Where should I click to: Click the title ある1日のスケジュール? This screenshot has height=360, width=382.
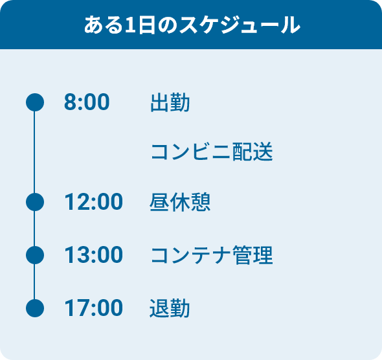[x=192, y=25]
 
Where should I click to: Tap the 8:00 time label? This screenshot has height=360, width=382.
[x=87, y=102]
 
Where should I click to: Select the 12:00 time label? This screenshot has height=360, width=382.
[x=93, y=201]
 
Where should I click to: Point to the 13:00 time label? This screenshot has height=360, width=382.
[x=93, y=254]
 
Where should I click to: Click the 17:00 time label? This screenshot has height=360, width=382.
[x=93, y=308]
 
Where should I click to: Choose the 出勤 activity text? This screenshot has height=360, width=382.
[x=170, y=102]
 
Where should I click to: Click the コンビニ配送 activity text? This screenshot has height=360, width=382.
[x=212, y=152]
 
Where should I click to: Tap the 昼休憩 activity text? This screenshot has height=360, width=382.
[x=180, y=202]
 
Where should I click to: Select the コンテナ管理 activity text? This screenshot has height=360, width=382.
[x=212, y=255]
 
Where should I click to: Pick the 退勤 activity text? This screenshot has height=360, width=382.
[x=170, y=308]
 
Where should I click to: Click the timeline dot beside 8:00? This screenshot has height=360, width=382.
[x=35, y=102]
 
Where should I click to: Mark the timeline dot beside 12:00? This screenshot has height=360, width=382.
[x=35, y=202]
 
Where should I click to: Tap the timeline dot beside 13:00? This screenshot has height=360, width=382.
[x=35, y=255]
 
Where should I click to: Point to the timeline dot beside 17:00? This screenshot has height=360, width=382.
[x=35, y=308]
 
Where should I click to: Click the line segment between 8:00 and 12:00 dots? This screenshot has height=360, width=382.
[x=34, y=152]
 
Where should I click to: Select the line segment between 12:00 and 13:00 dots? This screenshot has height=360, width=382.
[x=34, y=229]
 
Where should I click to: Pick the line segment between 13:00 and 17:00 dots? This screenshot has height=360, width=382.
[x=34, y=282]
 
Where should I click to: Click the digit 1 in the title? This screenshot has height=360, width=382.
[x=130, y=25]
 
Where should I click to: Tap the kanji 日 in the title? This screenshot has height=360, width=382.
[x=147, y=25]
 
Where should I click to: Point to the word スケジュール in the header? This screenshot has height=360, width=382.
[x=240, y=25]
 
